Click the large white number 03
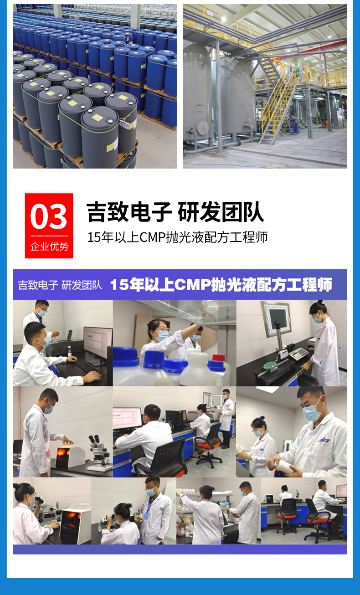tap(49, 216)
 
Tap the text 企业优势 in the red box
tap(49, 246)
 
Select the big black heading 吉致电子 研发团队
tap(175, 212)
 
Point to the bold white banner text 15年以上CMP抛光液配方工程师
tap(221, 284)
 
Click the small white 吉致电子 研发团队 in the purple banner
tap(60, 285)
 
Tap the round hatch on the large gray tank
tap(203, 128)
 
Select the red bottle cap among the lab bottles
tap(218, 358)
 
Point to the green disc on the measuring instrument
tap(270, 366)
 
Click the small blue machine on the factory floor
tap(293, 126)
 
